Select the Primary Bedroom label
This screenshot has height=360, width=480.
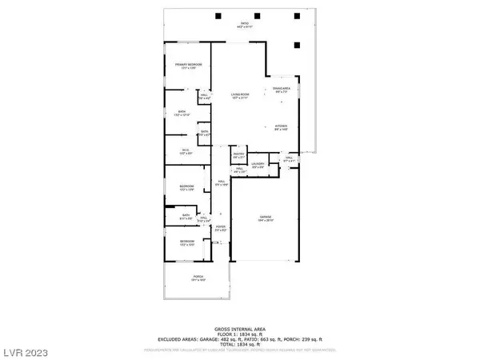[x=189, y=66]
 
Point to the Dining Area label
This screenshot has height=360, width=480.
[x=283, y=90]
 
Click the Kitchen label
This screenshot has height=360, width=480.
[x=281, y=126]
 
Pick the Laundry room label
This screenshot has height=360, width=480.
[x=258, y=165]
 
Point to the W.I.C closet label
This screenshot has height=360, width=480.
[x=183, y=149]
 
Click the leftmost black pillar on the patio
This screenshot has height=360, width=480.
[x=219, y=16]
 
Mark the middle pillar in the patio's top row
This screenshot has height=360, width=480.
[x=257, y=16]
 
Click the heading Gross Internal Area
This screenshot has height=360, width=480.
[x=240, y=330]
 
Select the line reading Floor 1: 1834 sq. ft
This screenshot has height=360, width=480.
[x=240, y=334]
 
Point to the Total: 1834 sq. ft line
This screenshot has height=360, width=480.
[x=240, y=344]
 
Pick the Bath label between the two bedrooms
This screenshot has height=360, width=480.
[x=185, y=215]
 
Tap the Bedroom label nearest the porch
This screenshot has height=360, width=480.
[x=186, y=242]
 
